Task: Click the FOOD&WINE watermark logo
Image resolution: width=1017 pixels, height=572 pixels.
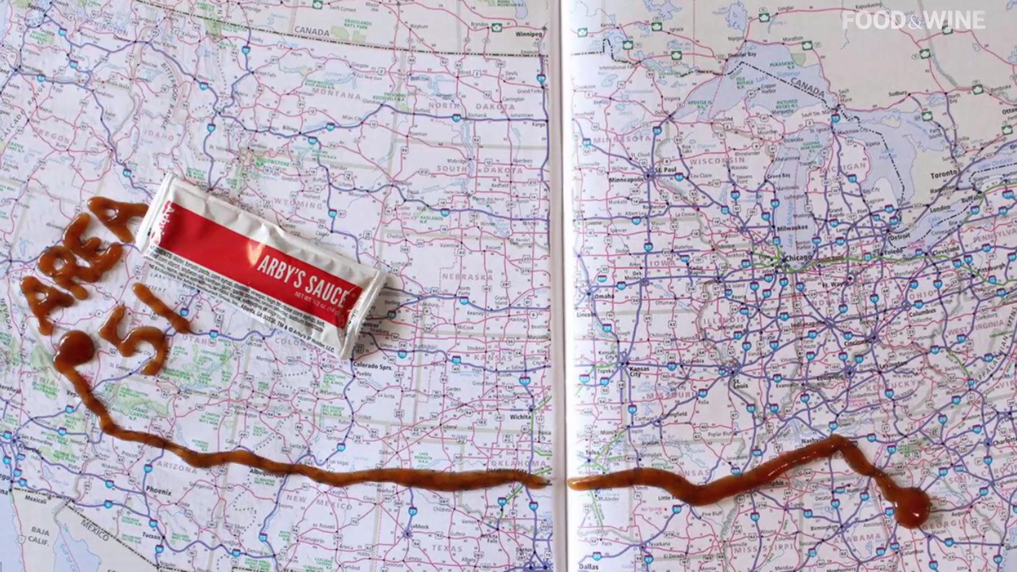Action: coord(913,21)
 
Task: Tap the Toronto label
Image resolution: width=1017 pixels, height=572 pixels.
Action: coord(944,173)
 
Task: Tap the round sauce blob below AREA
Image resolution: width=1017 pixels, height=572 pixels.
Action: coord(76,347)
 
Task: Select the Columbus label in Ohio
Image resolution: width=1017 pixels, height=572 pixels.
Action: coord(922,312)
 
